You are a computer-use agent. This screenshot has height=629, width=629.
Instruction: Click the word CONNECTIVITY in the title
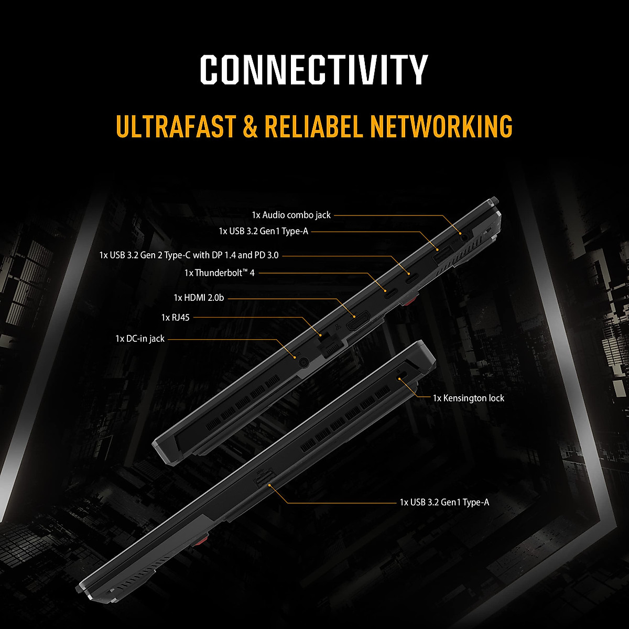point(314,70)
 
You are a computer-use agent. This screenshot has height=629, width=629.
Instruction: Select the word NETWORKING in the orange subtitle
point(441,126)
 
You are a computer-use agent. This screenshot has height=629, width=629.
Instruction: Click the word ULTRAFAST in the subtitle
point(176,126)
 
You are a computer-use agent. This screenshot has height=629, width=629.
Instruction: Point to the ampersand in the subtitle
point(250,127)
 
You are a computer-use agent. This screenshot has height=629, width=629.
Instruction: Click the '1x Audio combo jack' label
point(291,215)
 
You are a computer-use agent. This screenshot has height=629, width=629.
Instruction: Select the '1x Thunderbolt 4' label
point(219,273)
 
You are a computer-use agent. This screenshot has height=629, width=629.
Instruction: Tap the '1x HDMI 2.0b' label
point(199,298)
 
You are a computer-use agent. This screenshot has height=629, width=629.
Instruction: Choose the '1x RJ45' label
point(176,317)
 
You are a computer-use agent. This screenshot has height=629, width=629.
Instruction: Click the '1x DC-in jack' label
point(140,339)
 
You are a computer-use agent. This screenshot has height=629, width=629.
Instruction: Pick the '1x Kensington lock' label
point(468,398)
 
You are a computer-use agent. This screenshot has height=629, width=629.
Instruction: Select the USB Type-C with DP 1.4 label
point(189,255)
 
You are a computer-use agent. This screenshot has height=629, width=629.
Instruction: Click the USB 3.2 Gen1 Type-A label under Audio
point(263,231)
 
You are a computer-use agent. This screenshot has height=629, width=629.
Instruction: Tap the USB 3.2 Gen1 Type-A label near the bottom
point(444,503)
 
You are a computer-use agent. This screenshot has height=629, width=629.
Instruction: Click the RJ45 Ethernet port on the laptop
point(331,346)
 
